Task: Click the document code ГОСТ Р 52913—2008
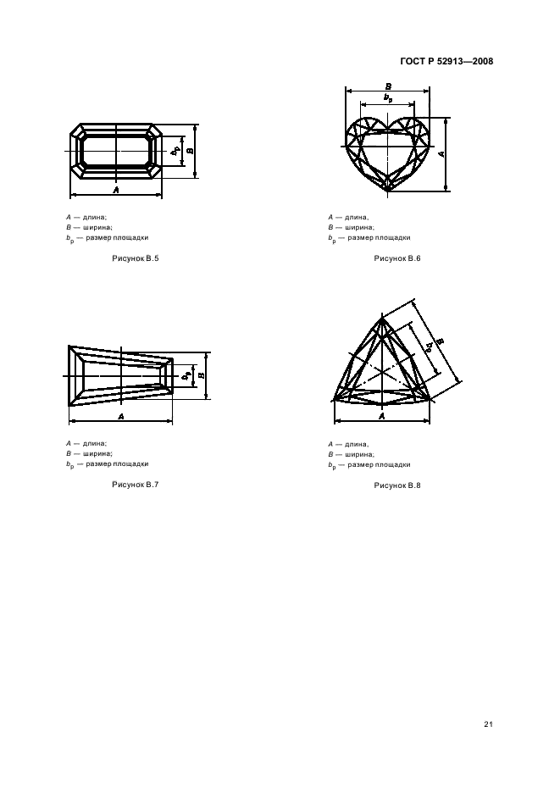[x=446, y=62]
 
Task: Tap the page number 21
[x=488, y=724]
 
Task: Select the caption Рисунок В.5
[x=135, y=258]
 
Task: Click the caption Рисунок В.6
[x=397, y=258]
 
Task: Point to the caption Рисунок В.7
[x=135, y=485]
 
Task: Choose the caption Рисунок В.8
[x=397, y=485]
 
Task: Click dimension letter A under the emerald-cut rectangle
[x=116, y=190]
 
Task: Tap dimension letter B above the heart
[x=388, y=86]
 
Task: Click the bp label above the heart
[x=388, y=98]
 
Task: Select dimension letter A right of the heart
[x=441, y=153]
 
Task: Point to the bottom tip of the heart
[x=387, y=191]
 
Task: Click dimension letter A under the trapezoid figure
[x=121, y=416]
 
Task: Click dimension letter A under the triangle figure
[x=382, y=416]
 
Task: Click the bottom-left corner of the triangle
[x=335, y=400]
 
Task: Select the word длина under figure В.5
[x=95, y=218]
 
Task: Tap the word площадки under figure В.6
[x=391, y=238]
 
